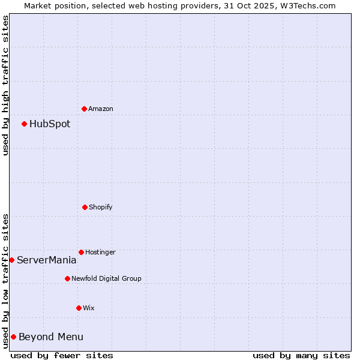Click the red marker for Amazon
84,109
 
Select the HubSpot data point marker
24,124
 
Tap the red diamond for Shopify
85,207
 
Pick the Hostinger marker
81,252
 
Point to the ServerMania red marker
11,260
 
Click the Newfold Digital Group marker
67,278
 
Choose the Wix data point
79,308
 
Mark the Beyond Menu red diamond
13,337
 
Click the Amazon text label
101,109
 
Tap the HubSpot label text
50,124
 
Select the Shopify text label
101,208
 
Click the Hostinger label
100,253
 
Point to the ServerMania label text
47,260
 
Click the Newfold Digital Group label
107,279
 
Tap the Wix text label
89,308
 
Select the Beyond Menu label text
51,337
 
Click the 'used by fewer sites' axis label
62,355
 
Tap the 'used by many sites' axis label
301,355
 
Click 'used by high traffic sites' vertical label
5,85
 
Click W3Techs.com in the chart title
304,5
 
